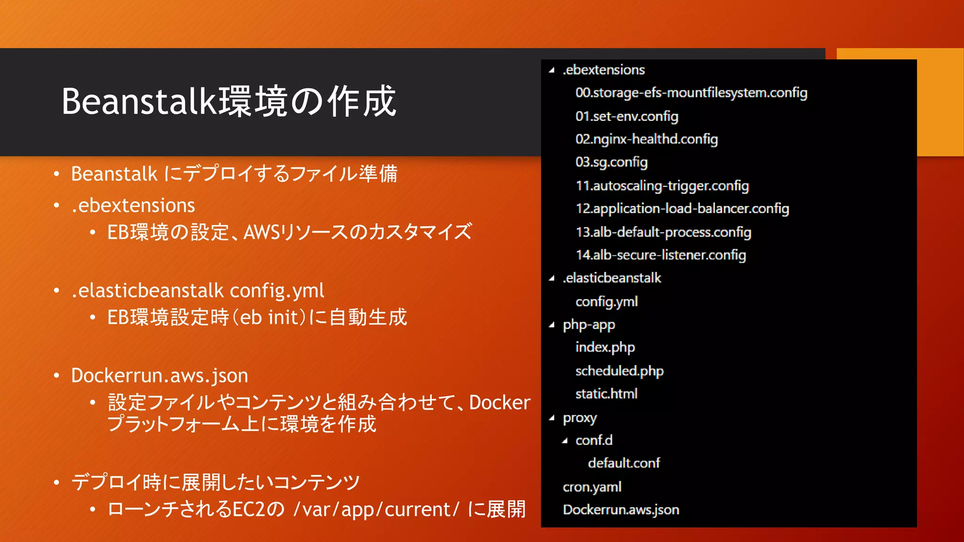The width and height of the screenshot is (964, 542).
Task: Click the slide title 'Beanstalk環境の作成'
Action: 229,101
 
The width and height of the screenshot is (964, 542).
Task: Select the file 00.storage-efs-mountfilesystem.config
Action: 691,93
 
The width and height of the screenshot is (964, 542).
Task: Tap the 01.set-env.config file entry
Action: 627,116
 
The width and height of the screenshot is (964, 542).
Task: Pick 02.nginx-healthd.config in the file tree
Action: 646,139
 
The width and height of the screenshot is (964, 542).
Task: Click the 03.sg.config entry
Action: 611,162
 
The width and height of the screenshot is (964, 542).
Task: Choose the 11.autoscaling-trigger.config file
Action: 662,186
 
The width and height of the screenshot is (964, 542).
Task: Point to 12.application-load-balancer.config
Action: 682,208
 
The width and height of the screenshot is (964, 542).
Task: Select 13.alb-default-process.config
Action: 663,232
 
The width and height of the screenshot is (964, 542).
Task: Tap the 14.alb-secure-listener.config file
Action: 660,255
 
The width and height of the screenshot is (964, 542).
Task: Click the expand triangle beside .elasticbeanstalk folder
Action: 552,279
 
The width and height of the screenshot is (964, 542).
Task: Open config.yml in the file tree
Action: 606,302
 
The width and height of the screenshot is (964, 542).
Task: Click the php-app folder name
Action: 589,325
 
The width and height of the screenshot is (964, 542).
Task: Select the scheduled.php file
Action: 619,371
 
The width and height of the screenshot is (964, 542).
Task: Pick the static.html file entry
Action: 606,394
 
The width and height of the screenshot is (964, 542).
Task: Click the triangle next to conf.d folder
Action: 565,441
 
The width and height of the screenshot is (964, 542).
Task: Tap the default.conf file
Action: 624,463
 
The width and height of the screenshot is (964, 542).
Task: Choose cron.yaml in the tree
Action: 592,487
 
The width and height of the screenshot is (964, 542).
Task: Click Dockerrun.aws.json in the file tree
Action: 621,510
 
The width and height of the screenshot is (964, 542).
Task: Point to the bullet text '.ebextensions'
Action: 133,206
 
